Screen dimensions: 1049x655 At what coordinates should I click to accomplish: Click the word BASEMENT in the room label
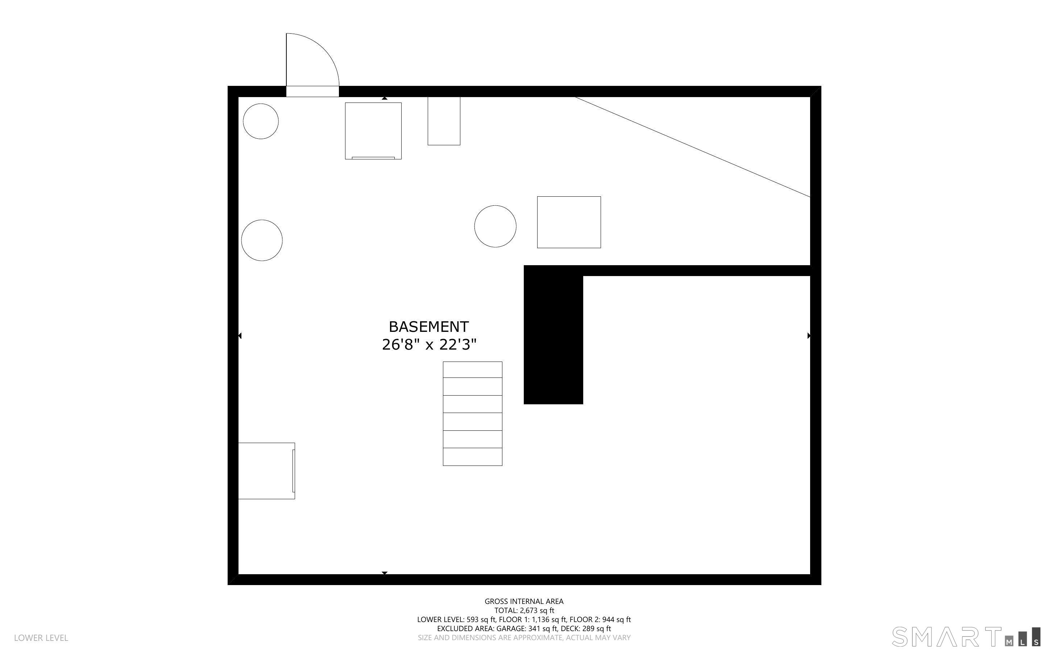tap(428, 327)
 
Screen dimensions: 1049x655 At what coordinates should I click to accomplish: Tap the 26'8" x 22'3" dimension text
tap(429, 345)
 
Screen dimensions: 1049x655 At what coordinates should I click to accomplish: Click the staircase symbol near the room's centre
tap(472, 414)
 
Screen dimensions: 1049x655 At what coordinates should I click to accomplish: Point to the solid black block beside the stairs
tap(553, 335)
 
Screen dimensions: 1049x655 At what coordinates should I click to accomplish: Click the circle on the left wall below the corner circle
tap(262, 241)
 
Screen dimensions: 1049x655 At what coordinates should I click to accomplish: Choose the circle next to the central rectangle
tap(495, 226)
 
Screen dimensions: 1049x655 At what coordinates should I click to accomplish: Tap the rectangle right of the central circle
tap(569, 222)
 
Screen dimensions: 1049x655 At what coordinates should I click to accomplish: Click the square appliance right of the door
tap(373, 131)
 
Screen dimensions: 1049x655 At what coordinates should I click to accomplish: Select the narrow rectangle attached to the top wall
tap(444, 121)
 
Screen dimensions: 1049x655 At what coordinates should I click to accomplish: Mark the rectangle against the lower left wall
tap(266, 471)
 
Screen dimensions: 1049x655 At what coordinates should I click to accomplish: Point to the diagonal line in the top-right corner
tap(692, 147)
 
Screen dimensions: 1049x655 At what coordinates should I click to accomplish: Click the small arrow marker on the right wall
tap(809, 336)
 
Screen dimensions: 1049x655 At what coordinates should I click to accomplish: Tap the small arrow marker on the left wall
tap(240, 336)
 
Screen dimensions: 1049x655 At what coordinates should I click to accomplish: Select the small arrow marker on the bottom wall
tap(384, 573)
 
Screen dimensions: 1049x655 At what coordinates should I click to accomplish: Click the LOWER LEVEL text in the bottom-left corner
tap(41, 638)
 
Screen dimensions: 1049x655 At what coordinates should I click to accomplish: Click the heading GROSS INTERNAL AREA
tap(524, 601)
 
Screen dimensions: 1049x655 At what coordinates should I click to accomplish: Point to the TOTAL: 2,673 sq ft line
tap(524, 610)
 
